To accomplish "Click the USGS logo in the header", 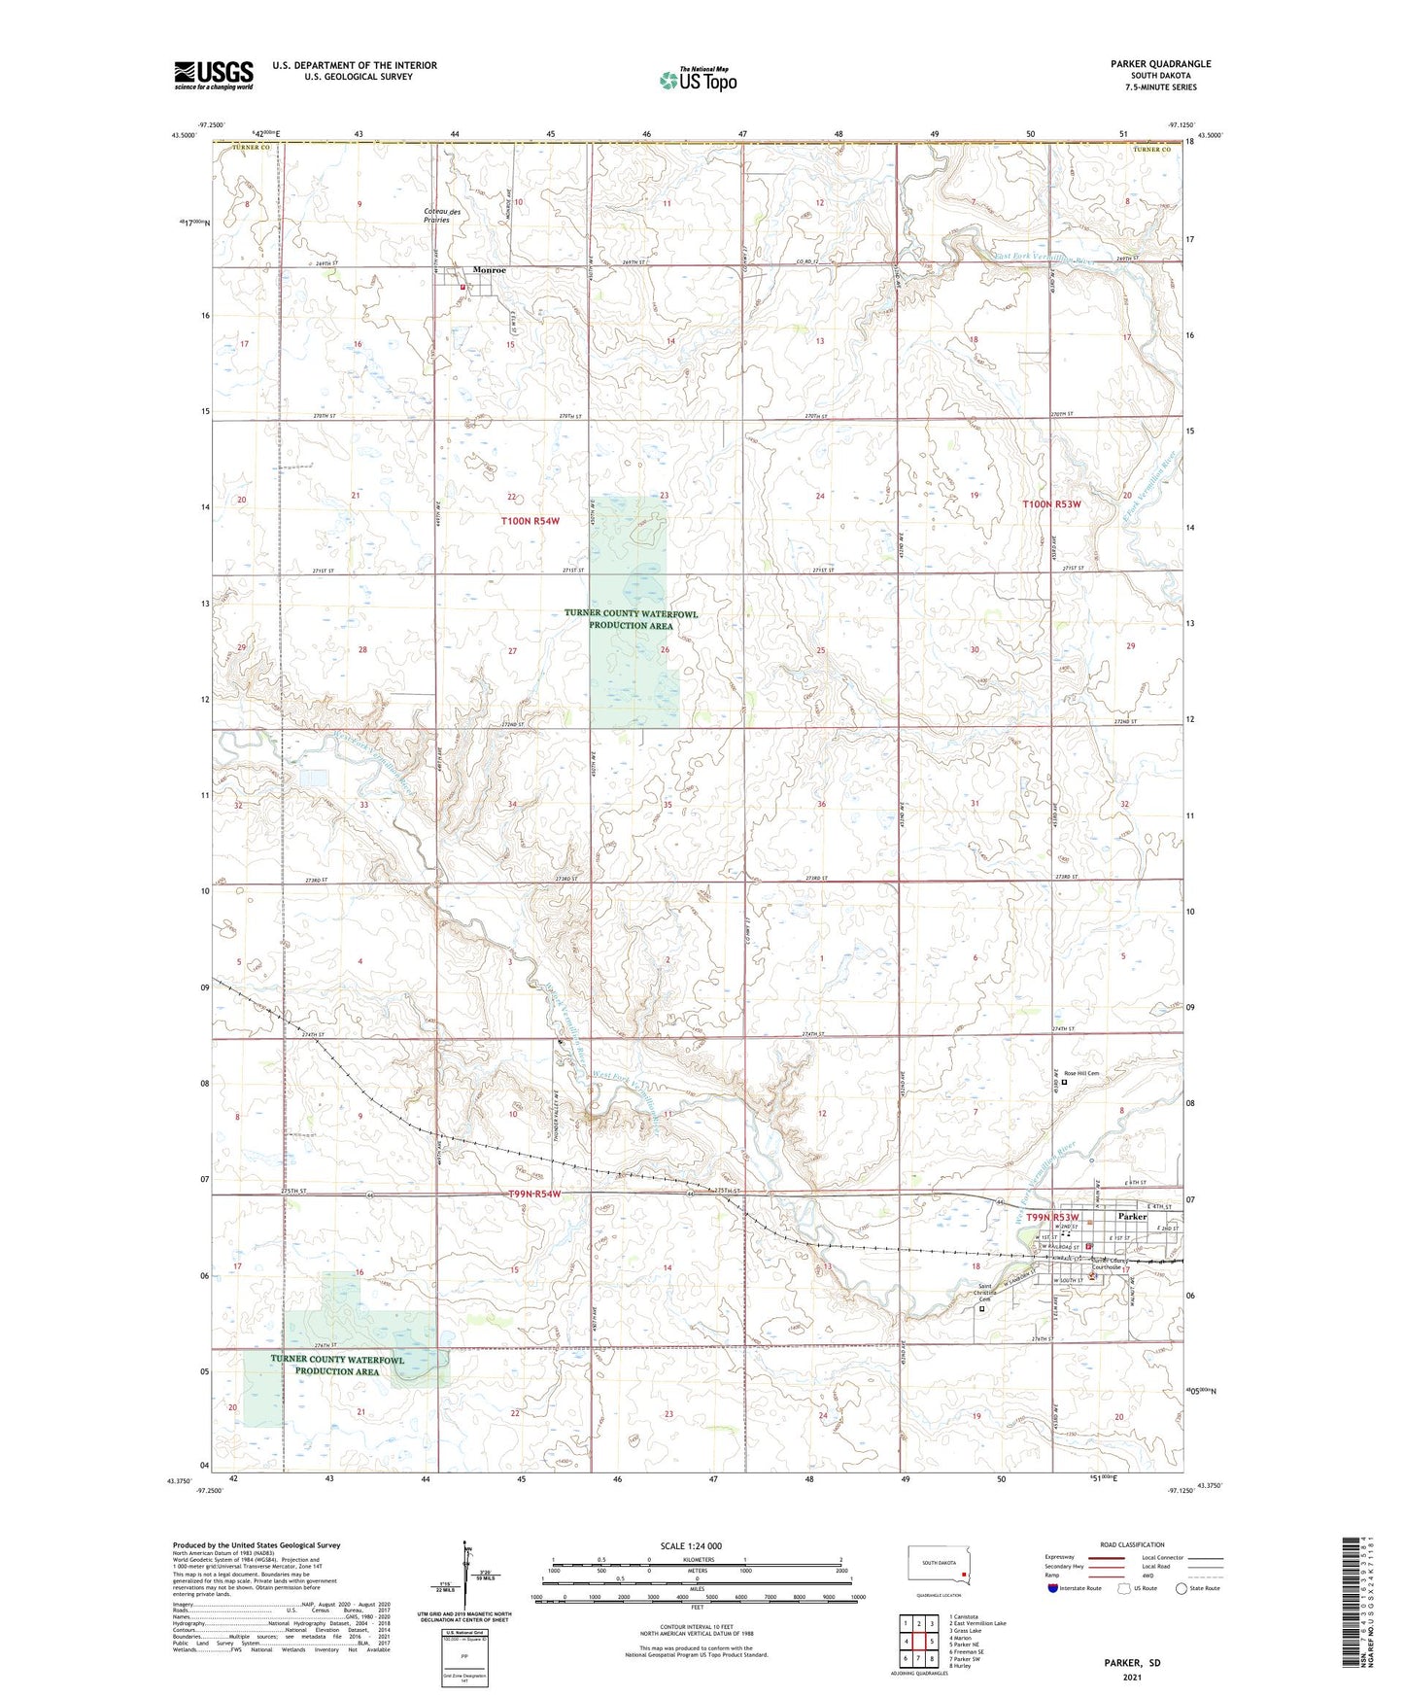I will (x=214, y=75).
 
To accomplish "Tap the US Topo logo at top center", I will (x=697, y=79).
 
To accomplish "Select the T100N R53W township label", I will (x=1051, y=504).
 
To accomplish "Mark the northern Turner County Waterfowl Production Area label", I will (x=631, y=619).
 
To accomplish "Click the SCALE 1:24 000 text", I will (x=691, y=1545).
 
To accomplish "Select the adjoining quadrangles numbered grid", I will (x=918, y=1642).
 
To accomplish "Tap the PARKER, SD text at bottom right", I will (x=1132, y=1663).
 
